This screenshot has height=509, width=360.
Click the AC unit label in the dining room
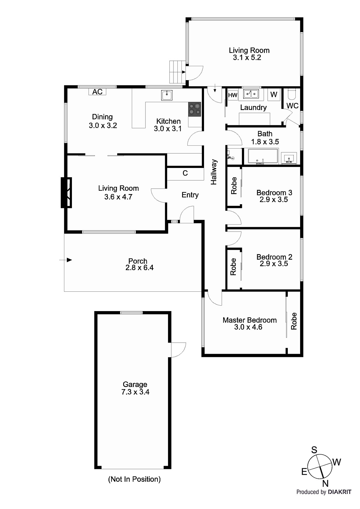[97, 92]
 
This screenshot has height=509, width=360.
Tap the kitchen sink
[167, 95]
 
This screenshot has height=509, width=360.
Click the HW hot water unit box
[233, 95]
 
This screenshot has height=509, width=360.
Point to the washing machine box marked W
[274, 94]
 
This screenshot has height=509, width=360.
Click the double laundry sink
[251, 94]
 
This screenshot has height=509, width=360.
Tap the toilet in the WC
[292, 94]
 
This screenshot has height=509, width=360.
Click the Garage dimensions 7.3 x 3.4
[135, 392]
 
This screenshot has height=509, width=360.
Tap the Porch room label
[138, 261]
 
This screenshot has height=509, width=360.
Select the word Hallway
[214, 172]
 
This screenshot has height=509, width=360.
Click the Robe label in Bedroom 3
[234, 185]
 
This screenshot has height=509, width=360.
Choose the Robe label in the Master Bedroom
[293, 321]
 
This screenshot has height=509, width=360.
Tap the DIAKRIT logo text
[340, 492]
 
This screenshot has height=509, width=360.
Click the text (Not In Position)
[134, 479]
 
